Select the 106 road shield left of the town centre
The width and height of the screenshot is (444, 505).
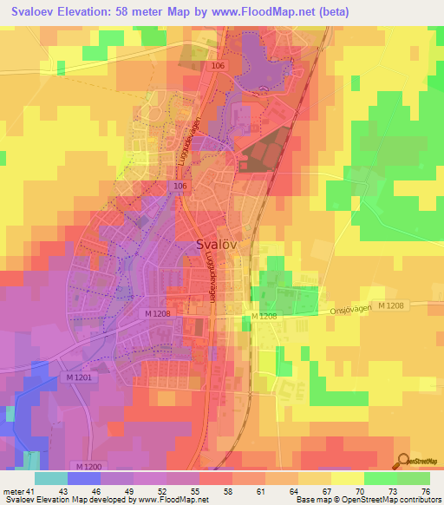[x=180, y=186]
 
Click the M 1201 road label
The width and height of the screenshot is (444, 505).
[x=78, y=377]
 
